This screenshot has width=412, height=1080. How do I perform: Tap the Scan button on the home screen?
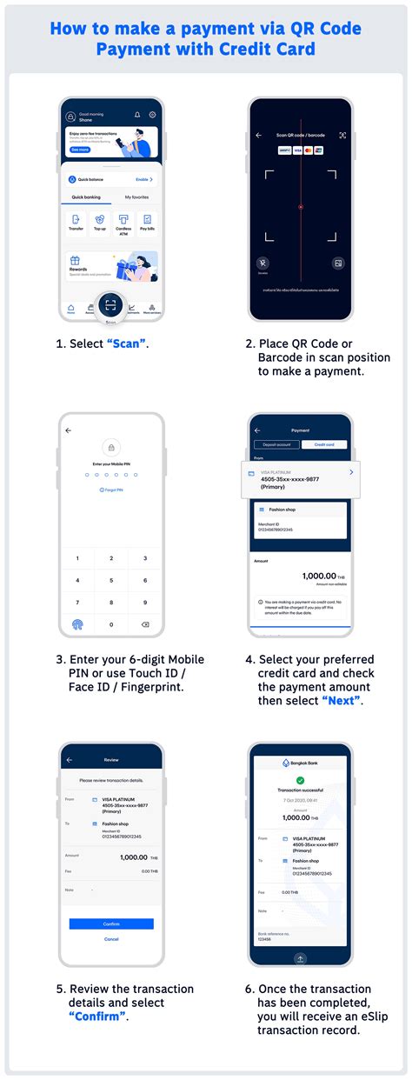point(110,305)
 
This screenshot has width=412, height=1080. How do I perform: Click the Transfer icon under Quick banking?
point(76,221)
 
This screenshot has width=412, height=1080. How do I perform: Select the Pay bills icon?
point(147,221)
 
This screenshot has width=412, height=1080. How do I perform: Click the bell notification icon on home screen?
point(136,115)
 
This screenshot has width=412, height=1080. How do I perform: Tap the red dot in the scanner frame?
point(300,207)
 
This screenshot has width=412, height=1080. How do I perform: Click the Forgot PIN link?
point(110,490)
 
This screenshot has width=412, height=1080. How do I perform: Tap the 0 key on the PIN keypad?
point(110,624)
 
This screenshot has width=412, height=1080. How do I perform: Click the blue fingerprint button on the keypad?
point(76,624)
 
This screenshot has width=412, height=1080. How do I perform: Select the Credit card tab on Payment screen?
point(324,444)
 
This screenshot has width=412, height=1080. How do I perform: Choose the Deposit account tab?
point(276,444)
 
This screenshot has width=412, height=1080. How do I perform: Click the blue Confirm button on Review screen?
point(111,923)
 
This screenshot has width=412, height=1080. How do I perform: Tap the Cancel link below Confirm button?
point(111,939)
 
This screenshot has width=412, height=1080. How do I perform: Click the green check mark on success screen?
point(300,781)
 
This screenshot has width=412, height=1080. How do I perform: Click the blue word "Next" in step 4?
point(342,701)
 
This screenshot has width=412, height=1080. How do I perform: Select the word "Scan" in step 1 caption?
point(126,343)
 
